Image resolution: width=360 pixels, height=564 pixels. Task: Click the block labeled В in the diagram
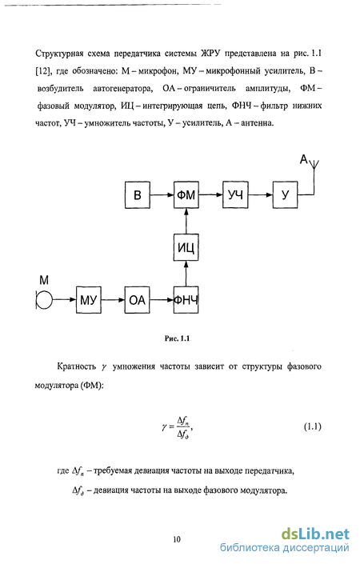tap(138, 195)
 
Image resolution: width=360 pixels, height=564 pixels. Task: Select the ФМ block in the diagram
tap(186, 195)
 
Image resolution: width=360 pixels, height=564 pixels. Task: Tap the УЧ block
tap(235, 195)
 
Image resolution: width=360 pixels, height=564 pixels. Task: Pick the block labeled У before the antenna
tap(285, 195)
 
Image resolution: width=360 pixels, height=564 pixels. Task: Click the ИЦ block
tap(186, 247)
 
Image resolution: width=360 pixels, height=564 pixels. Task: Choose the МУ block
tap(89, 300)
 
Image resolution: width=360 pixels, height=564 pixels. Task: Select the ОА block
tap(138, 300)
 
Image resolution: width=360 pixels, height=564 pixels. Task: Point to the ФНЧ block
tap(186, 300)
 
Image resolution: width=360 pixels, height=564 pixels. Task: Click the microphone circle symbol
tap(44, 300)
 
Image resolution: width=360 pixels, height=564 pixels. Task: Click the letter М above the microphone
tap(44, 280)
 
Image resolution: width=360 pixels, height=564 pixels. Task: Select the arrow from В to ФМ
tap(162, 195)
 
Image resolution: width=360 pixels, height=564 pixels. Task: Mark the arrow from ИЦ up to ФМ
tap(186, 222)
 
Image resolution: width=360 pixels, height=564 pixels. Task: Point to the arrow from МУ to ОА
tap(113, 300)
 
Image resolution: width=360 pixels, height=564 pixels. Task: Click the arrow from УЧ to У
tap(260, 195)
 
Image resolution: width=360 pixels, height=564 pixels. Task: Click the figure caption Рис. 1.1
tap(177, 338)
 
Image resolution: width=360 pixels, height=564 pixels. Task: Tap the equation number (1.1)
tap(312, 426)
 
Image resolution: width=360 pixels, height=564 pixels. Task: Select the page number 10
tap(177, 539)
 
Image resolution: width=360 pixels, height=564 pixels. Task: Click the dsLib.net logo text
tap(315, 534)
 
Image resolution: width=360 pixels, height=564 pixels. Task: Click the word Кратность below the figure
tap(76, 366)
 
